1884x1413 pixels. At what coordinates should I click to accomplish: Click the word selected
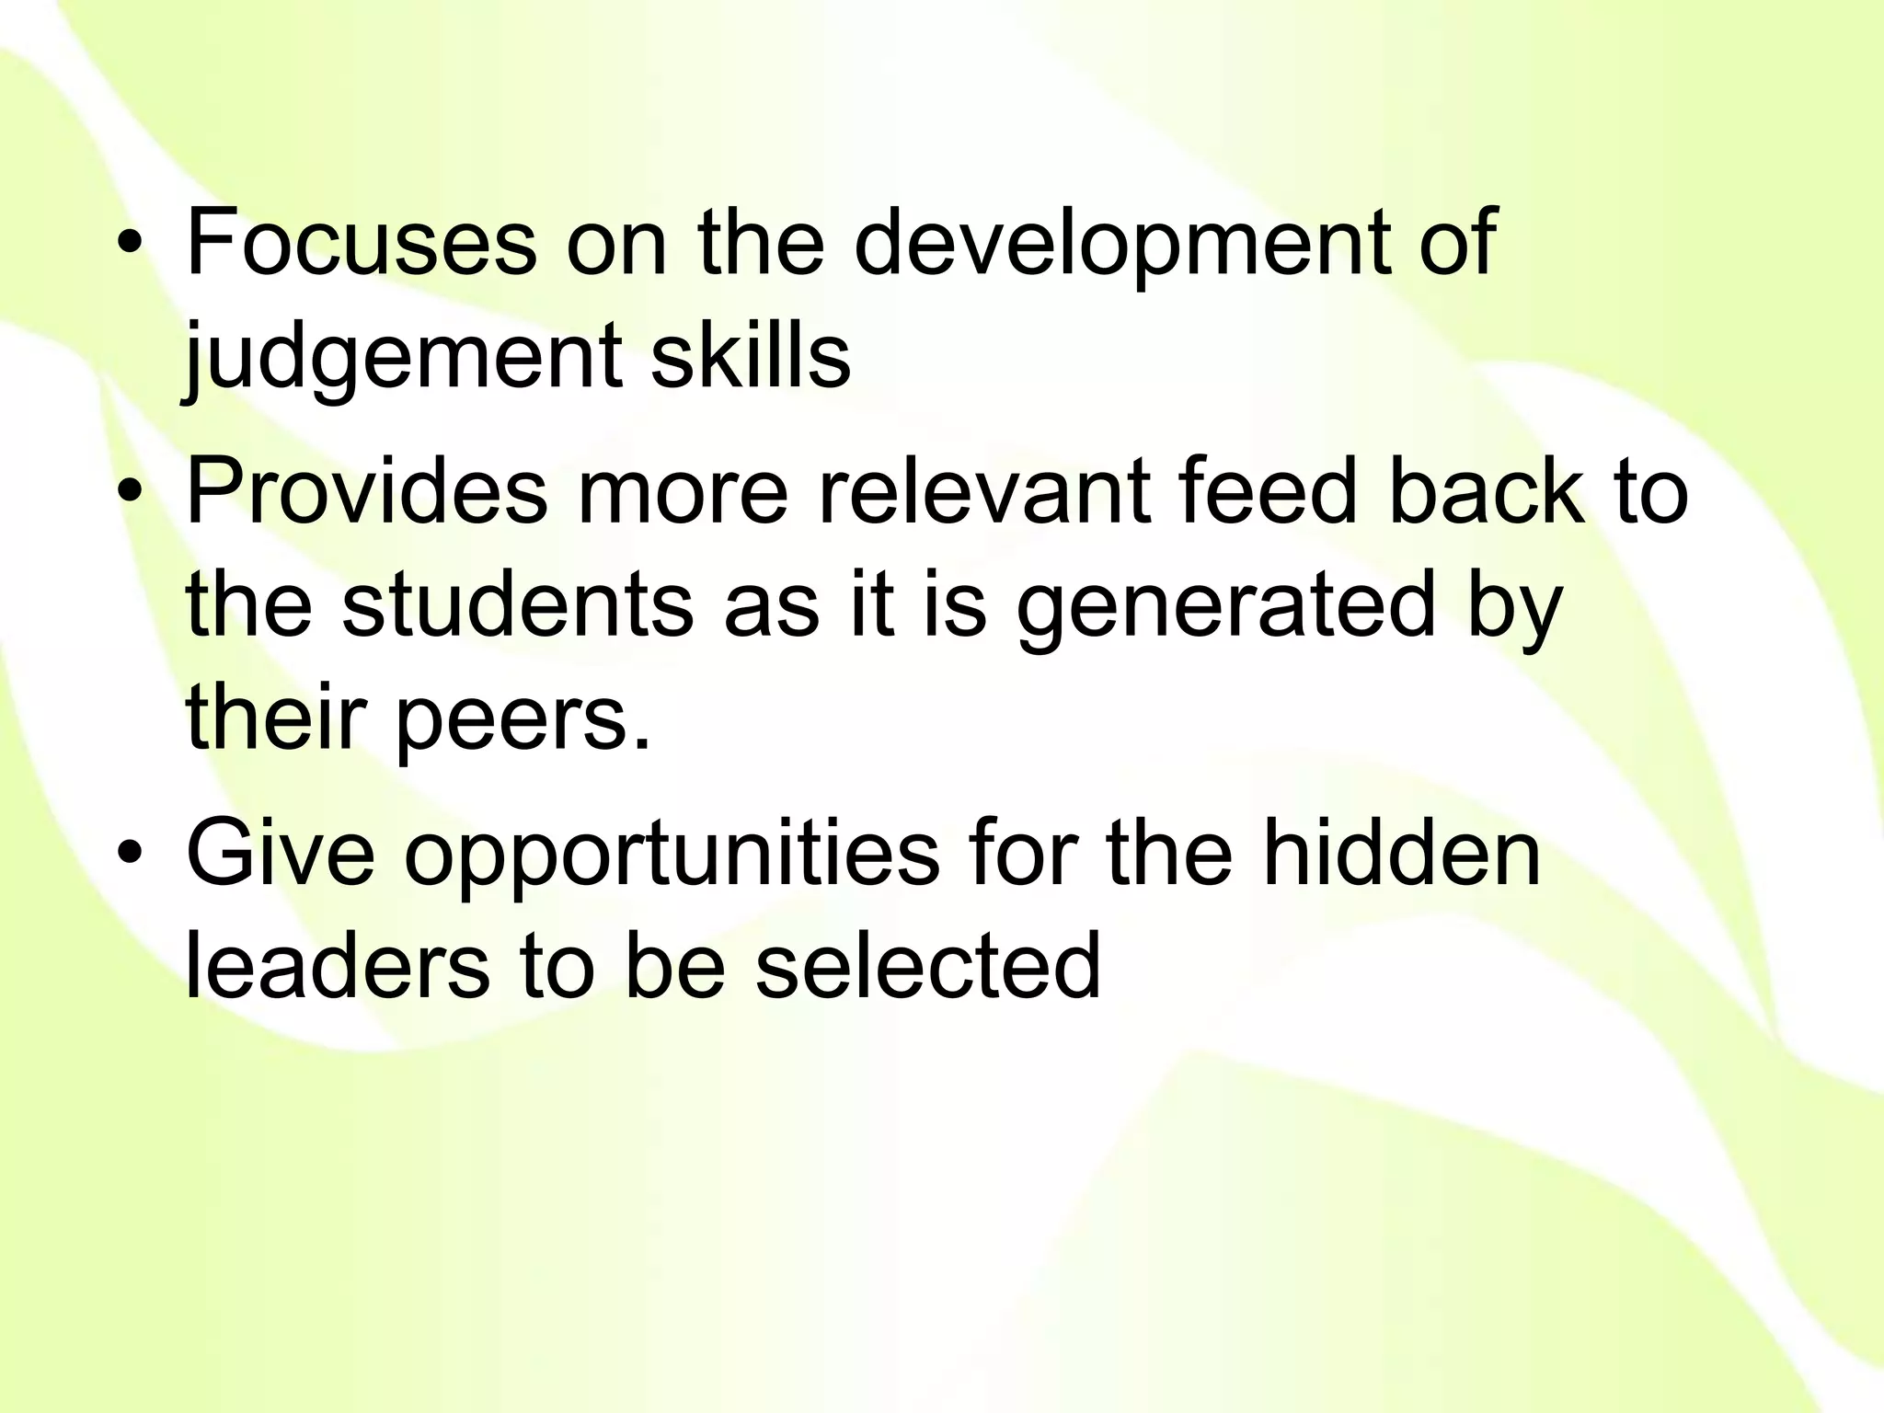tap(928, 966)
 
